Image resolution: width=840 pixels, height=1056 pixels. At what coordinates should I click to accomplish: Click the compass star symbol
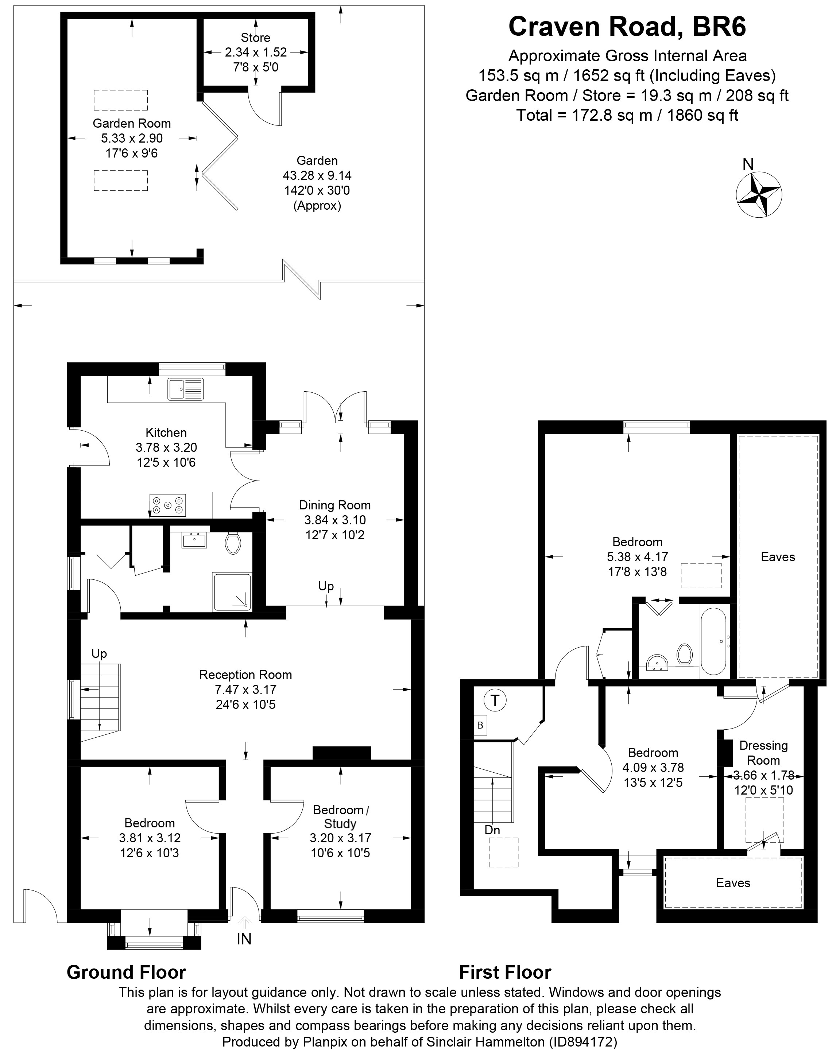[x=759, y=194]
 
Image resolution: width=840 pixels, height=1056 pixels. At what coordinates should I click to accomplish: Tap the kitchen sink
[x=185, y=389]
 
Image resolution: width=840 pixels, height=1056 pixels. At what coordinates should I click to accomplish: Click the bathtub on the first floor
[x=714, y=641]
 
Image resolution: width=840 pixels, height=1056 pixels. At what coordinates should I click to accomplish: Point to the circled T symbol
[x=495, y=700]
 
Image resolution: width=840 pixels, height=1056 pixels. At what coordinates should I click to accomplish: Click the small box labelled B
[x=480, y=725]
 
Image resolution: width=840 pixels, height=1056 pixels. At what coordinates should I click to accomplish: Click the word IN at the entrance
[x=244, y=939]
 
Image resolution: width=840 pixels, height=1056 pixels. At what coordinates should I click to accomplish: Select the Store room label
[x=255, y=38]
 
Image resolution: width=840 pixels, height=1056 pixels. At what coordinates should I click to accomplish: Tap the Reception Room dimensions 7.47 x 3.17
[x=245, y=689]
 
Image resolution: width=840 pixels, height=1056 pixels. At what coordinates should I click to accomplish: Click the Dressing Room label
[x=763, y=753]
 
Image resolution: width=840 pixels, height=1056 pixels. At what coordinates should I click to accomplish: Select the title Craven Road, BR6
[x=627, y=27]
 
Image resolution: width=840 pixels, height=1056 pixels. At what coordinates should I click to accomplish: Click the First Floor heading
[x=505, y=972]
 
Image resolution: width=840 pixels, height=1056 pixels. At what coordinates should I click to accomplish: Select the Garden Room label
[x=132, y=123]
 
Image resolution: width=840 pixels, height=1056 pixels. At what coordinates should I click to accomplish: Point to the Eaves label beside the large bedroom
[x=778, y=557]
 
